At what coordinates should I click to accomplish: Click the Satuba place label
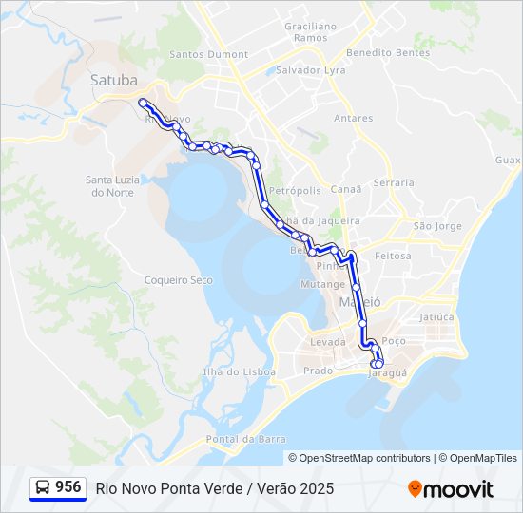[x=113, y=80]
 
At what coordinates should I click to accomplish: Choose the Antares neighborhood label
[x=353, y=118]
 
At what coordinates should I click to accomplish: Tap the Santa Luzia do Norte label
[x=113, y=185]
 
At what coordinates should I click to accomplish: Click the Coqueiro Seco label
[x=178, y=279]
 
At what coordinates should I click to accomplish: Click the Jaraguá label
[x=388, y=372]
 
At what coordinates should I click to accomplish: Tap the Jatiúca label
[x=437, y=316]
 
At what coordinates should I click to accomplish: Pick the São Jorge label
[x=437, y=226]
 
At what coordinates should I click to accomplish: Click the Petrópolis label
[x=295, y=190]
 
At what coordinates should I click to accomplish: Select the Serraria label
[x=395, y=182]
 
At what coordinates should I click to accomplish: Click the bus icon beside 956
[x=43, y=487]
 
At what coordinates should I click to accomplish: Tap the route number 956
[x=68, y=487]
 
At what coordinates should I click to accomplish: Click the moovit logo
[x=451, y=489]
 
